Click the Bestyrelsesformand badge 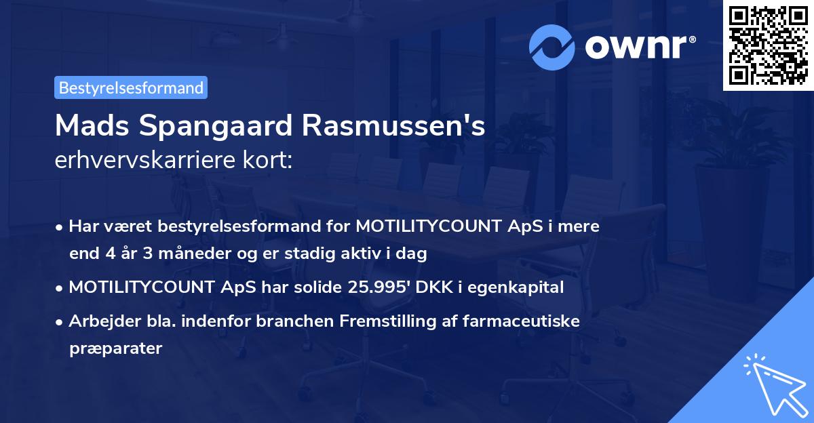[x=130, y=87]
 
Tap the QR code [x=767, y=45]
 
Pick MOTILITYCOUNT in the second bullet [x=142, y=287]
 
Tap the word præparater [x=115, y=349]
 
